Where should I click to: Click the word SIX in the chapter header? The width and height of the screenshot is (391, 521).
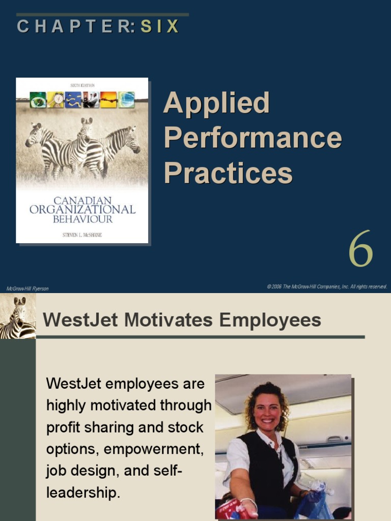point(160,26)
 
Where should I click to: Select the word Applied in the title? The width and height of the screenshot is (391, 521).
point(216,103)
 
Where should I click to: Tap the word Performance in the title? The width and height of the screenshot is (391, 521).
point(252,138)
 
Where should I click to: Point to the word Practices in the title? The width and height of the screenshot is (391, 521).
point(228,173)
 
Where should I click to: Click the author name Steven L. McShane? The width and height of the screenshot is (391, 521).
point(81,235)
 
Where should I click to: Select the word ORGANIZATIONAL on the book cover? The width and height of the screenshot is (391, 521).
point(82,210)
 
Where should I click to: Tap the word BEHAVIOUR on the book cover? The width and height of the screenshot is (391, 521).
point(82,219)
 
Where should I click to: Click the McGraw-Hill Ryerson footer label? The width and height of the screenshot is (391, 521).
point(27,288)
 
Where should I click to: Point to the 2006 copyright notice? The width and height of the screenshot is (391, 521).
point(327,286)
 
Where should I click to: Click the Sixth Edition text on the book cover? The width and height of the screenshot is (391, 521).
point(82,85)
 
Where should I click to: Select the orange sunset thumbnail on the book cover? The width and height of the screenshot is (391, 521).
point(108,99)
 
